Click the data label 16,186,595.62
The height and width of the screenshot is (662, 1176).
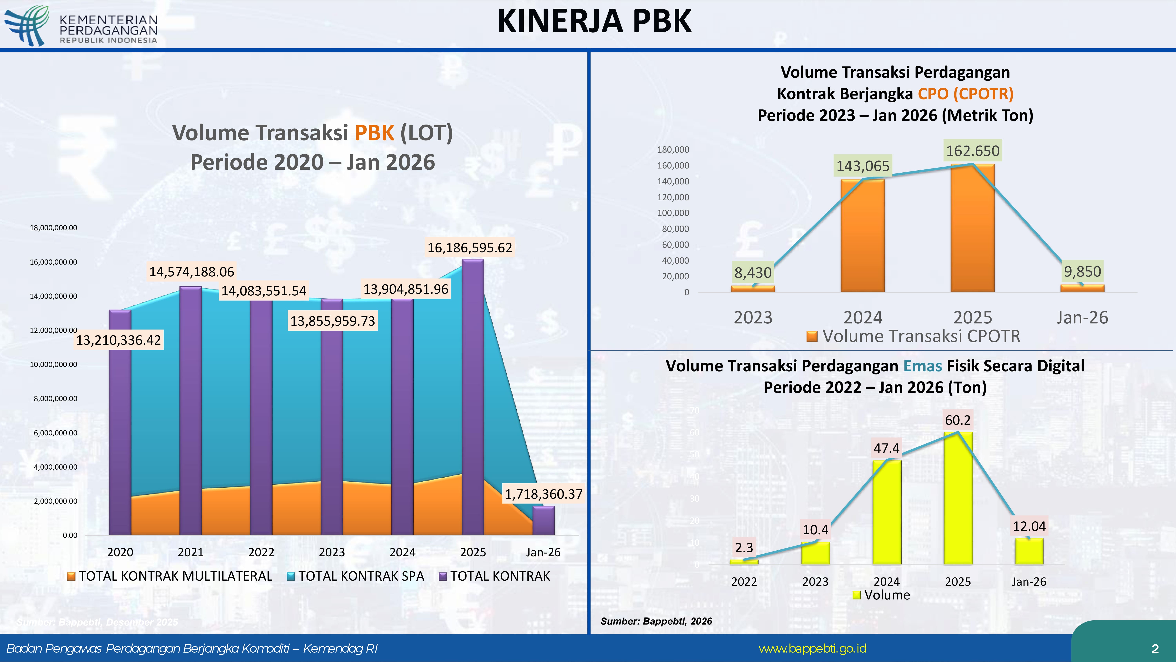(x=470, y=248)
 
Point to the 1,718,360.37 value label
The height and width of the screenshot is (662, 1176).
(x=543, y=494)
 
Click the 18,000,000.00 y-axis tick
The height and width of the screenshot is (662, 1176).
(x=54, y=228)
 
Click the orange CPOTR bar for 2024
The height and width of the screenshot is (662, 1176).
(x=862, y=235)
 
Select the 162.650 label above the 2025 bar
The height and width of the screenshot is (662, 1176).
(x=972, y=151)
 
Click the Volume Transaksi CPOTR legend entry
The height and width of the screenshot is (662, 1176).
(x=913, y=336)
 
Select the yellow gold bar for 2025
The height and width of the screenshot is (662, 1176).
(x=958, y=498)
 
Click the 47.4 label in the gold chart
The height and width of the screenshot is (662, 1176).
(x=886, y=448)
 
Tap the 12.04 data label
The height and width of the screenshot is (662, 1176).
(x=1029, y=526)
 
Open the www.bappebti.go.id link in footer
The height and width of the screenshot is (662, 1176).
(x=812, y=648)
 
